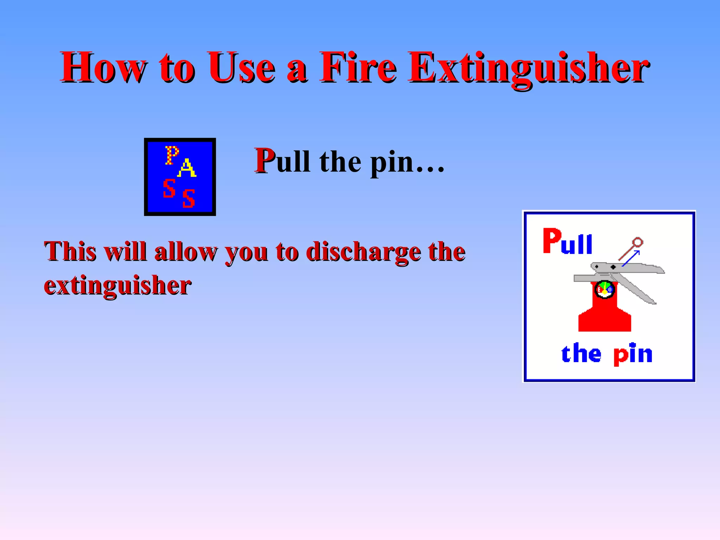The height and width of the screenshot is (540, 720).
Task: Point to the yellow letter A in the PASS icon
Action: (187, 168)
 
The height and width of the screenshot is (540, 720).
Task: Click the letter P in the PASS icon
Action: (172, 155)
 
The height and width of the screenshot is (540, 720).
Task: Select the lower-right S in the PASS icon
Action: (189, 198)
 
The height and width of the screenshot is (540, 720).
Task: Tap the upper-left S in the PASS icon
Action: (169, 188)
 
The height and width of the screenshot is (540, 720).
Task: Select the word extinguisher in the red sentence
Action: (117, 285)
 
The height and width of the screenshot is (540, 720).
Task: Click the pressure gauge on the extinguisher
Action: (604, 289)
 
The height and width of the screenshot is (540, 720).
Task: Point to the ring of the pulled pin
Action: (637, 243)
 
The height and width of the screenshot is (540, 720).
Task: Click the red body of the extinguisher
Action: (604, 316)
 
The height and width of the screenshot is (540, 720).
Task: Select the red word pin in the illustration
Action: (633, 354)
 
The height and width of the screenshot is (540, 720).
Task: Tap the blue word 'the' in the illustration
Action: (581, 353)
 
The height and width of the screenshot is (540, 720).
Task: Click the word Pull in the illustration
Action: (567, 242)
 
